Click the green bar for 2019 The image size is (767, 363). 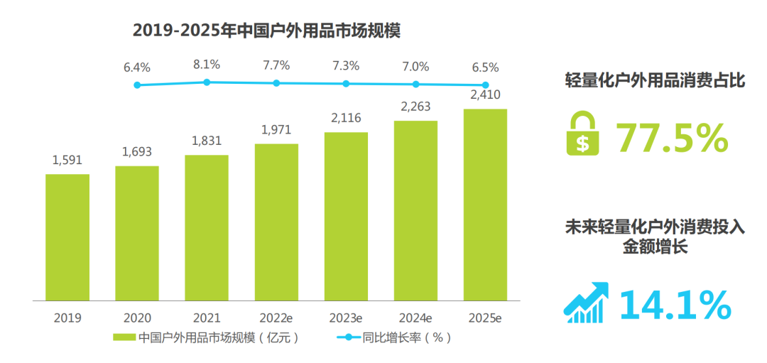[67, 237]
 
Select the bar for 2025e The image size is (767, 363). [485, 204]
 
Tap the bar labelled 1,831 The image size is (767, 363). [207, 227]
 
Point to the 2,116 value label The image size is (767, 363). [346, 119]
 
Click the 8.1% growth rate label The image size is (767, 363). [207, 64]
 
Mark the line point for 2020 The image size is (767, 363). [137, 85]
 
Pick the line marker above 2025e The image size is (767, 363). [485, 85]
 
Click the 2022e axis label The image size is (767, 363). [276, 318]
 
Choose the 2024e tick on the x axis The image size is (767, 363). [415, 318]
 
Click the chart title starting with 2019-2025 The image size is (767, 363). [267, 31]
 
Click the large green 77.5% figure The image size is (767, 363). [672, 138]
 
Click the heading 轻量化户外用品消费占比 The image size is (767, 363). [654, 80]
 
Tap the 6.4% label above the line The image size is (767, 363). [137, 67]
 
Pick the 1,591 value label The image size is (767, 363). [67, 160]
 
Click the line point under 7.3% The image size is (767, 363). [346, 84]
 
